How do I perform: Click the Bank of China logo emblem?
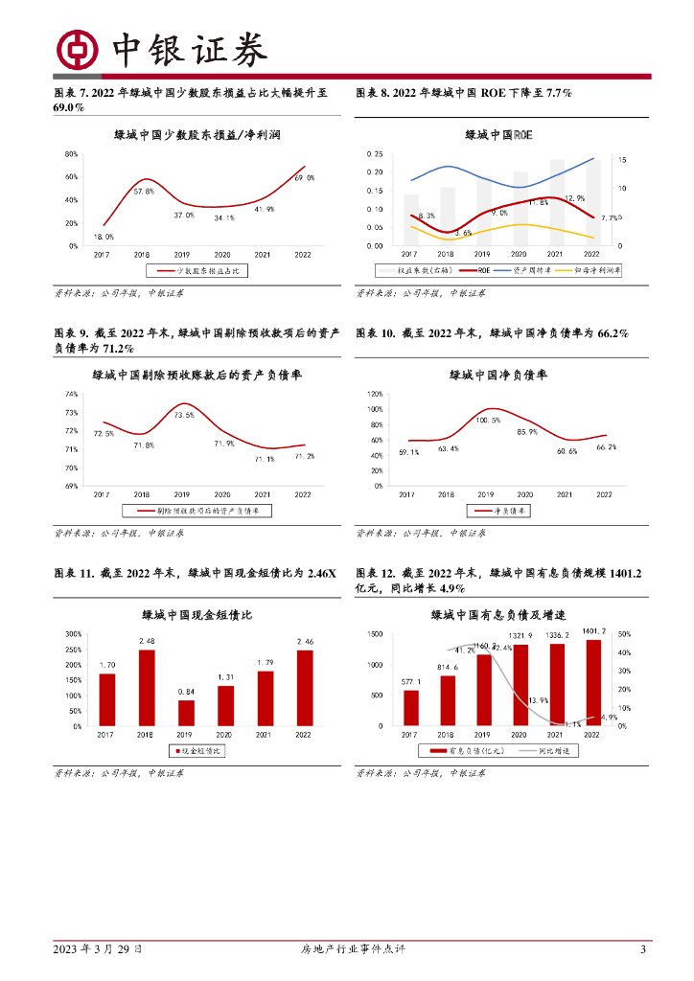tap(79, 49)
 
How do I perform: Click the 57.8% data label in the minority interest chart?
tap(144, 192)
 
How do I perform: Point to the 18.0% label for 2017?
tap(104, 237)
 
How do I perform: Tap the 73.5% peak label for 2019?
tap(184, 415)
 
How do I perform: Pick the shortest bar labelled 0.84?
tap(186, 713)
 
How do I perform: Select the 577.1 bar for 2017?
tap(411, 707)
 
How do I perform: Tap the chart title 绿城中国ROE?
tap(497, 135)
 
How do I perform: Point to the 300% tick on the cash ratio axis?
tap(73, 634)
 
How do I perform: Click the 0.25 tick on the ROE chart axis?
tap(375, 154)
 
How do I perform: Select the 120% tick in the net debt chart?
tap(374, 394)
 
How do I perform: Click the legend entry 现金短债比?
tap(197, 751)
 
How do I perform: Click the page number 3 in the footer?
tap(643, 949)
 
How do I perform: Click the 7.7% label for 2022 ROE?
tap(610, 218)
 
